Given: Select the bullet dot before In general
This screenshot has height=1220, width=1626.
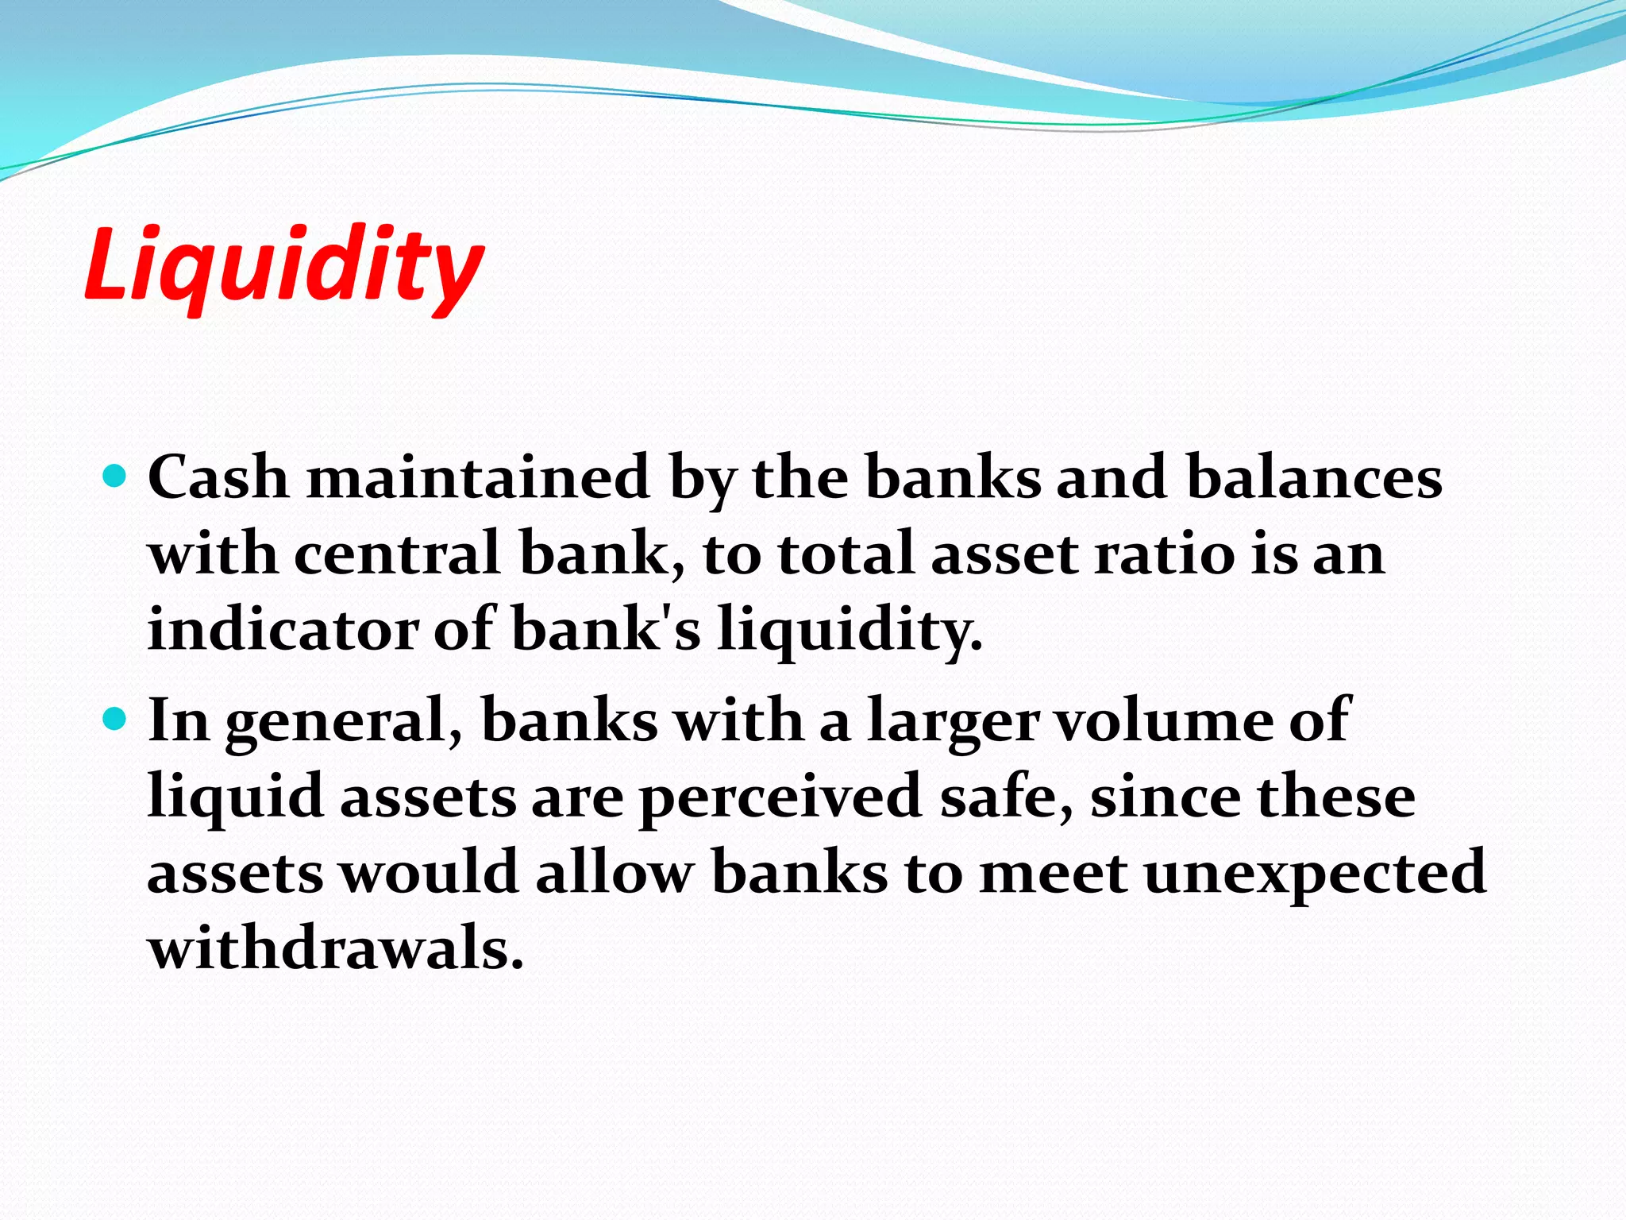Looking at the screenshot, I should coord(116,719).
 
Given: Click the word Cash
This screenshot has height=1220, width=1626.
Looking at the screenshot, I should coord(218,477).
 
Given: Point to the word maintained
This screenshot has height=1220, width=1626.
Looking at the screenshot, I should coord(479,477).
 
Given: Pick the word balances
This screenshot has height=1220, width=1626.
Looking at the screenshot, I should coord(1314,477).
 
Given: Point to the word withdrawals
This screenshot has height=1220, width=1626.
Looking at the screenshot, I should coord(336,948).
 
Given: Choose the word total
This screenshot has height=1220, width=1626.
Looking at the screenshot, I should coord(846,554).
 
